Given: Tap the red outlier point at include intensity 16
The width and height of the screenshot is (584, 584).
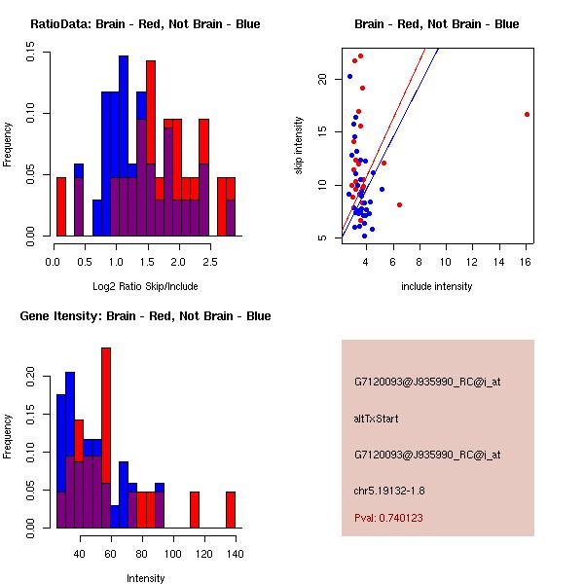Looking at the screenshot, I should tap(527, 114).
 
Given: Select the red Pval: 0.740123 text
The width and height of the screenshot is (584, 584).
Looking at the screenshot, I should tap(388, 518).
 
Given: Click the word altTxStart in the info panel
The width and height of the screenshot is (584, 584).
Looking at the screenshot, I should tap(377, 419).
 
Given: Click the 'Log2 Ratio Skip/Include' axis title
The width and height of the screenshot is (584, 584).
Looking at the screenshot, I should tap(145, 286).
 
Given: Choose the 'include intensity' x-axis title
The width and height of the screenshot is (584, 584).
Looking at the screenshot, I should tap(437, 286).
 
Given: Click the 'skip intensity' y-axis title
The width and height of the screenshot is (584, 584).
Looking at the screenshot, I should tap(299, 146).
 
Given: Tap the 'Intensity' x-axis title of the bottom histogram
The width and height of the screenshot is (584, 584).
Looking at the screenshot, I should tap(146, 578).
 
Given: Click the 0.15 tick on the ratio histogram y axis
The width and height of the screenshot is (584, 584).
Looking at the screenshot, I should tap(31, 56).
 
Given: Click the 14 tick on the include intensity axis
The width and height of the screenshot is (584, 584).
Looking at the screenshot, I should tap(499, 261).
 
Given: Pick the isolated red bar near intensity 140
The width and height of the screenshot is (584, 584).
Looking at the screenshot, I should tap(231, 509).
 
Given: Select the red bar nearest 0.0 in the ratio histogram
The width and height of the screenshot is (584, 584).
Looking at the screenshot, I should tap(61, 206).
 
